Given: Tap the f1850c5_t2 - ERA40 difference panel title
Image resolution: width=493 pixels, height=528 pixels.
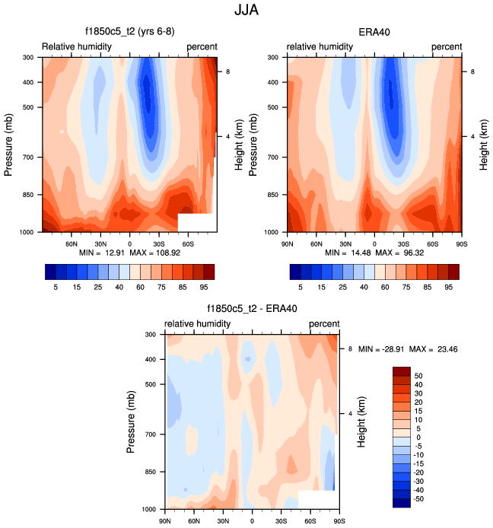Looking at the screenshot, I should (x=252, y=310).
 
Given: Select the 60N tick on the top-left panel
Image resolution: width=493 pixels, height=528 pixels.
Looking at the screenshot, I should (x=73, y=243).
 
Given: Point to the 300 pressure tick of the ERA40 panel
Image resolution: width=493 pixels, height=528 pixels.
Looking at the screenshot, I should (x=275, y=58).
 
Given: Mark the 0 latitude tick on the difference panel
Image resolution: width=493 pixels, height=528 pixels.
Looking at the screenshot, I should (x=252, y=521).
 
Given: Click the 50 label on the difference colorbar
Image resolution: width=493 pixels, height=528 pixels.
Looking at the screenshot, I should (x=419, y=376).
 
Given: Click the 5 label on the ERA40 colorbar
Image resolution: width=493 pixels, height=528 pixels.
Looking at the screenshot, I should (x=301, y=288).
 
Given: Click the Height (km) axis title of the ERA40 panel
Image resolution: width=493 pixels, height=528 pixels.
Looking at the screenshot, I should (x=484, y=145).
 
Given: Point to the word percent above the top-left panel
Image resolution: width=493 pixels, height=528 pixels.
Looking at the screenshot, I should (x=202, y=47).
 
